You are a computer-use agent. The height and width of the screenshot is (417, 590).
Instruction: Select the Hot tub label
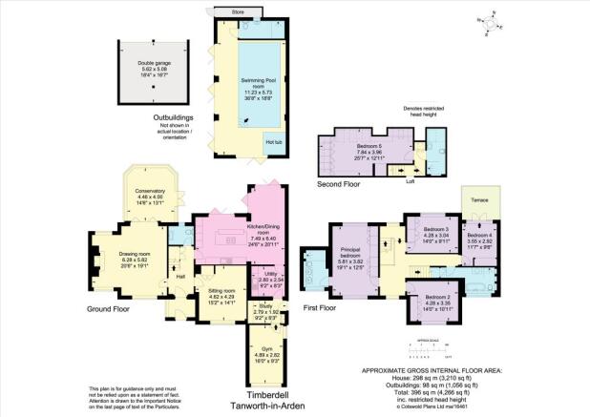point(273,141)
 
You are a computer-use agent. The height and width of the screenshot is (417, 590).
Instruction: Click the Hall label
point(179,276)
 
